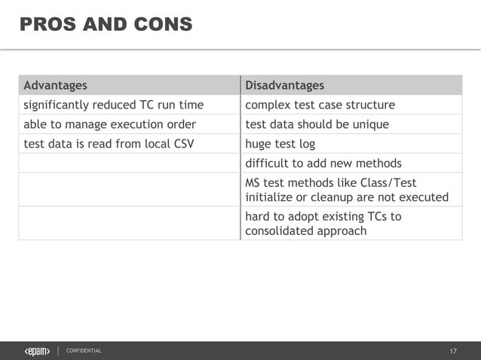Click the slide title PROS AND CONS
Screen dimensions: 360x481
click(106, 25)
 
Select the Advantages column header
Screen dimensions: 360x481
click(55, 85)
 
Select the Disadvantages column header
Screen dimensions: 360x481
click(284, 85)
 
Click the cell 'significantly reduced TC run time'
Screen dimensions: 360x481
click(113, 105)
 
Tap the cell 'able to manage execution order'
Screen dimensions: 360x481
click(109, 124)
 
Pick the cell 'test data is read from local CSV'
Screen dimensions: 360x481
click(109, 144)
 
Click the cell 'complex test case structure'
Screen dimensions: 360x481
click(320, 105)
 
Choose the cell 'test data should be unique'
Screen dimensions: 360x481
click(317, 124)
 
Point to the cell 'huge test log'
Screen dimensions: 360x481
click(280, 144)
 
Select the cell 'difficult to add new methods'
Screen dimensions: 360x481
click(323, 163)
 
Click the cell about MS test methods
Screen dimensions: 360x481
click(346, 190)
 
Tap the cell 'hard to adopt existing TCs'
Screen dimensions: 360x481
click(323, 224)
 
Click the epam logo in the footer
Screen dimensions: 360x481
click(38, 351)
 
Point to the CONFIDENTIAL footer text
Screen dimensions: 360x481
click(84, 351)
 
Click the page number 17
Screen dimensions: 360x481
click(453, 352)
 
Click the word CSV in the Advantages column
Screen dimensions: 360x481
click(182, 144)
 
